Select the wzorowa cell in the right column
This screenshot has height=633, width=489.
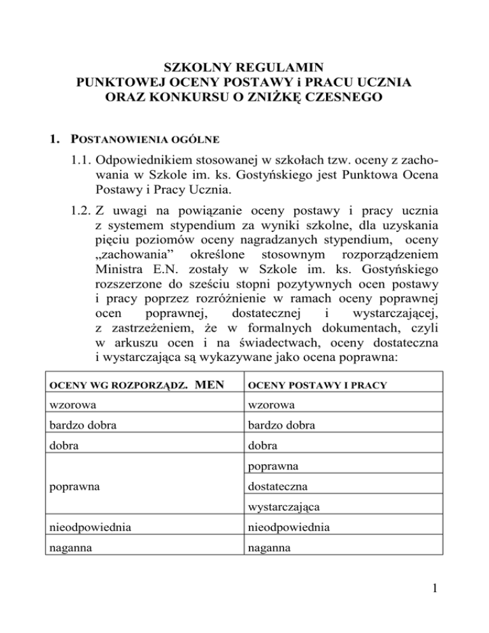[273, 408]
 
